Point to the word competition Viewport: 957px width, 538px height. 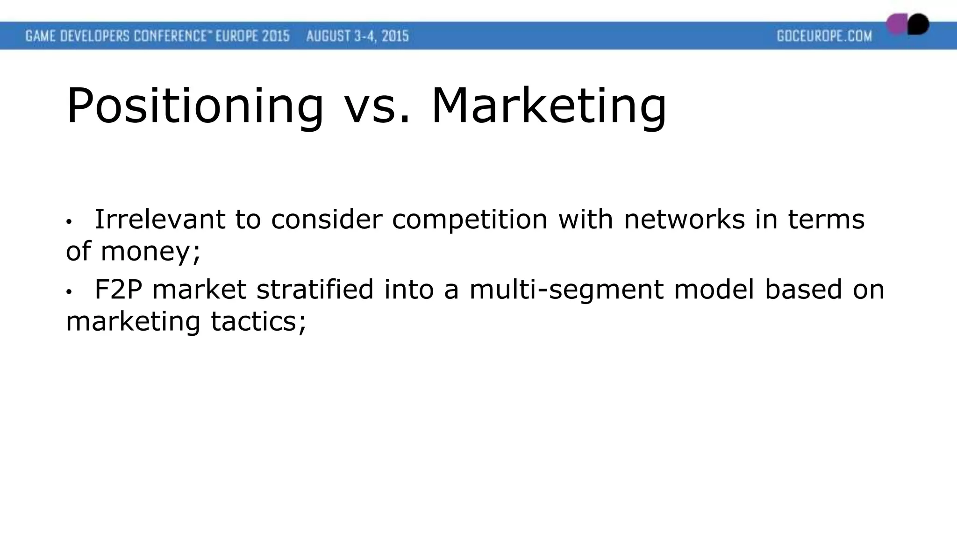tap(469, 220)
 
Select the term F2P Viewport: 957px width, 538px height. tap(118, 289)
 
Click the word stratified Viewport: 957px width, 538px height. tap(315, 289)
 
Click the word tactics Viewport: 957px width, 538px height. tap(258, 322)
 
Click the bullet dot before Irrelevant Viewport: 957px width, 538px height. tap(69, 222)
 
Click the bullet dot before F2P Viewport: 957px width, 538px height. tap(69, 292)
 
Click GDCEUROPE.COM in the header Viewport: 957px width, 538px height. tap(824, 36)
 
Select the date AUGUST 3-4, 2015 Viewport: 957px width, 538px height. tap(357, 36)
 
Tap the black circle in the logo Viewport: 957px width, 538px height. tap(919, 24)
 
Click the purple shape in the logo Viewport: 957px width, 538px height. tap(896, 24)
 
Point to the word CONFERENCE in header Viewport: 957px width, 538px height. tap(170, 36)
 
